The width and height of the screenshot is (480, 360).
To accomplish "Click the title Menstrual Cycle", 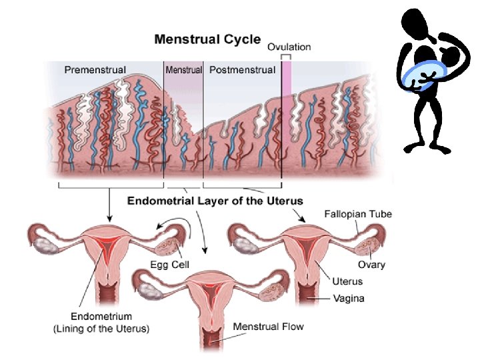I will [x=207, y=39].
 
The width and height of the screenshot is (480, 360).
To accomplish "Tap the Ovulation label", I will [x=289, y=47].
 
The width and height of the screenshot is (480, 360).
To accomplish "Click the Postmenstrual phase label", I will [x=242, y=69].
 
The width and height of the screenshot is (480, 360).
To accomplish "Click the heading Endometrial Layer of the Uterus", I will [x=215, y=200].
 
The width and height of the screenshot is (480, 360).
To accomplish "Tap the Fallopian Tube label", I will [x=357, y=214].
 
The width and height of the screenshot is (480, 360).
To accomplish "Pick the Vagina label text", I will [x=349, y=298].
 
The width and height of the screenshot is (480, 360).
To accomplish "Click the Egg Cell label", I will [x=169, y=265].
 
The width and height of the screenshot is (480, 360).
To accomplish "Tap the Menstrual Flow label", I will [x=268, y=327].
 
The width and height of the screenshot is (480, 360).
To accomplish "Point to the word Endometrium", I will [x=101, y=317].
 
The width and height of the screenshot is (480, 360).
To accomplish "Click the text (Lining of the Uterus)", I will [x=101, y=328].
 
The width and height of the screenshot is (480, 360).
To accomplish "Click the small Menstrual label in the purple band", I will [x=183, y=69].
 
